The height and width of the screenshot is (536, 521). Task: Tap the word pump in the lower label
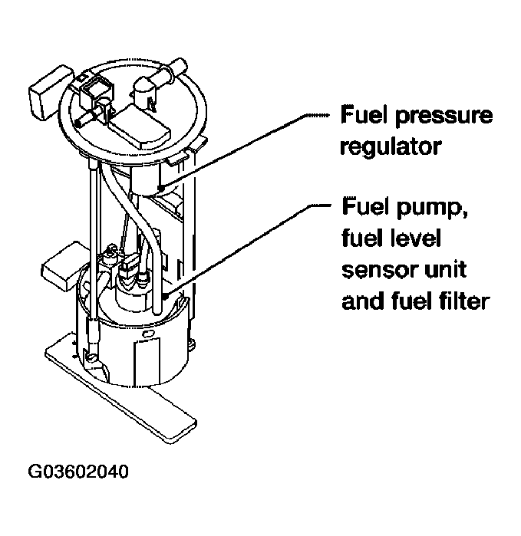(x=433, y=209)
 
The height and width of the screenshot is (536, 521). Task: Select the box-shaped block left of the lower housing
(x=61, y=265)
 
